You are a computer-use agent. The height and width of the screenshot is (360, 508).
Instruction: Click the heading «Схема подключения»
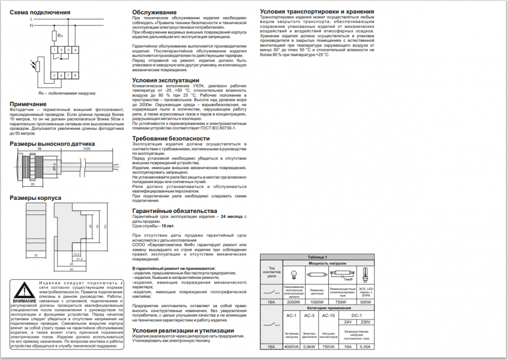39,12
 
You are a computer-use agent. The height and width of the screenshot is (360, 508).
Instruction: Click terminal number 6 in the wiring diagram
62,76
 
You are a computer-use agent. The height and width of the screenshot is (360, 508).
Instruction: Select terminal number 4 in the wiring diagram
75,49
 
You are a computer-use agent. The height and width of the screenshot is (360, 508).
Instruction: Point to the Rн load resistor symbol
55,35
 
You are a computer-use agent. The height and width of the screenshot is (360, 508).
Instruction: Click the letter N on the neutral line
32,25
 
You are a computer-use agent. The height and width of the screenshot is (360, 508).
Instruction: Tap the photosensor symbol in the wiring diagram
36,66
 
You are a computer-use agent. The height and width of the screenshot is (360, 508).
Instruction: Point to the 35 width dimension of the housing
36,255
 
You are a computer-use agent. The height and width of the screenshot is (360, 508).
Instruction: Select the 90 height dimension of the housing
105,226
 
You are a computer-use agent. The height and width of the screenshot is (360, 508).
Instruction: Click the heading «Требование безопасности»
174,138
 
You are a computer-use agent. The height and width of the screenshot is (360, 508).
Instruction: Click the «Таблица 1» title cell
317,257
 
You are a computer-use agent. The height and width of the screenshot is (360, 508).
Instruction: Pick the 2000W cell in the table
293,302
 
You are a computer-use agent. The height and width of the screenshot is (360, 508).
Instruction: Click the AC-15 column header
328,316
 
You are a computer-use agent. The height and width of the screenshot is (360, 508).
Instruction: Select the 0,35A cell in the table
365,346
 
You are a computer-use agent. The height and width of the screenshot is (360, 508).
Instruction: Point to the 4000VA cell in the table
292,346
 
